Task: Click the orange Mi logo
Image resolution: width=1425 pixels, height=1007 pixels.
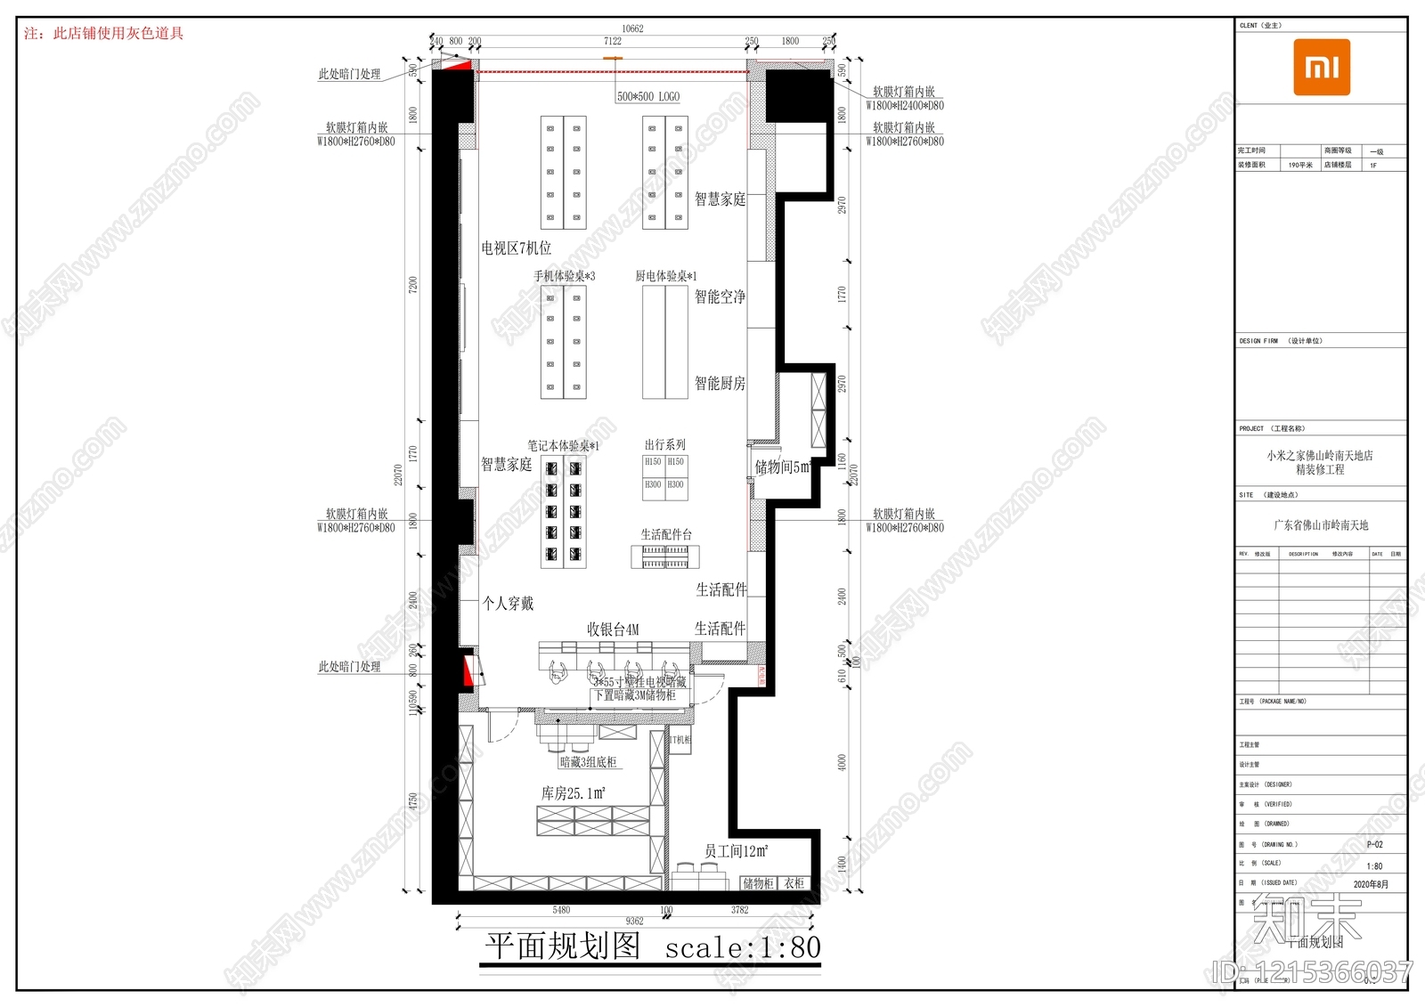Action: [x=1322, y=67]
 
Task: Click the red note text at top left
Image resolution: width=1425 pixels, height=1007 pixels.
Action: [x=103, y=34]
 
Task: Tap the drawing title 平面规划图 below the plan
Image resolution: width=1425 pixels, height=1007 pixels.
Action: [x=562, y=946]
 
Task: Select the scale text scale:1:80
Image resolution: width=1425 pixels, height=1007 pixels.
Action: [x=742, y=948]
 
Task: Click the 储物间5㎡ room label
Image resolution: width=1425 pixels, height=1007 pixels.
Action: [x=782, y=467]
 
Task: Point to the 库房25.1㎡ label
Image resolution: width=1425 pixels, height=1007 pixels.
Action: [x=574, y=792]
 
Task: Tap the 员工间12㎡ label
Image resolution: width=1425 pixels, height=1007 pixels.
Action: [x=736, y=851]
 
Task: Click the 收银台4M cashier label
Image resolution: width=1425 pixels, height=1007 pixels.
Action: [x=613, y=629]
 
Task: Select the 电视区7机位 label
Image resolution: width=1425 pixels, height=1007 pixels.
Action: [x=517, y=248]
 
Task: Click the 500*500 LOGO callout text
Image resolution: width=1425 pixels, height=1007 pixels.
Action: [x=648, y=96]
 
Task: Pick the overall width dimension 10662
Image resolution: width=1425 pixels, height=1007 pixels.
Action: [x=632, y=28]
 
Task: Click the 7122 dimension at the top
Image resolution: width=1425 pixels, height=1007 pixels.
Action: [x=613, y=41]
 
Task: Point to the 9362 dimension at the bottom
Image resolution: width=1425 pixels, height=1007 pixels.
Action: [x=634, y=921]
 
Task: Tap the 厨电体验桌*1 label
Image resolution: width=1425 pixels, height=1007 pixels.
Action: [x=665, y=276]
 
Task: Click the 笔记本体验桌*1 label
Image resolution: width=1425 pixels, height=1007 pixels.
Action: [x=563, y=445]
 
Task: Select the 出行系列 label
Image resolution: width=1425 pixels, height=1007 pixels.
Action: [x=665, y=444]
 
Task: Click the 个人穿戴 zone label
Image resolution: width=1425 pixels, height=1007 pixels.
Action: [x=508, y=604]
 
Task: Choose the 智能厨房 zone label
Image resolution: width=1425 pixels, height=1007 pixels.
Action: [x=720, y=384]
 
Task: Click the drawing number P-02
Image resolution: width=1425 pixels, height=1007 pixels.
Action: [x=1374, y=844]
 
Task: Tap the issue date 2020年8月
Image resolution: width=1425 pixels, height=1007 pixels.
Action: [x=1371, y=884]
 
